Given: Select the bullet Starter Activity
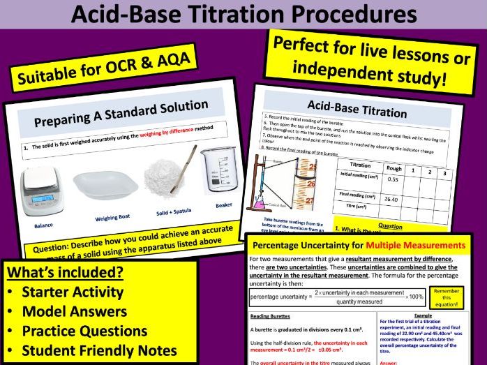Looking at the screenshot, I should [72, 292].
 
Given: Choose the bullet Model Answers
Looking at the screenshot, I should [75, 311].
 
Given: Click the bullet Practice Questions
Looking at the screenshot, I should [84, 331].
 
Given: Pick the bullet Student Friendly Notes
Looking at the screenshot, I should [99, 350].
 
